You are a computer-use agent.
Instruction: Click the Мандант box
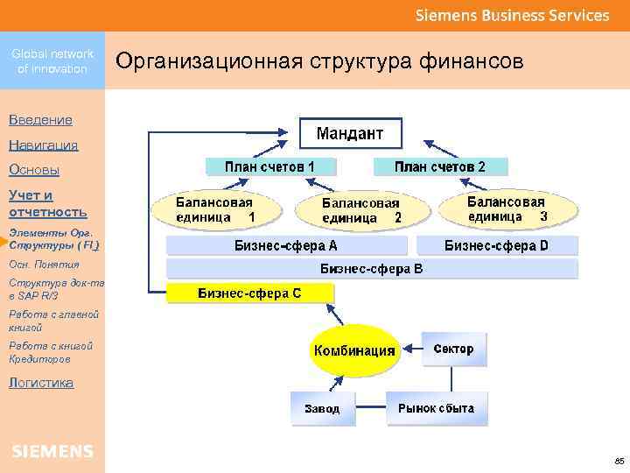(349, 134)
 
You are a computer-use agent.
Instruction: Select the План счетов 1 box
(269, 166)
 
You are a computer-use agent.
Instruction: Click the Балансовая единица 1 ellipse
(215, 208)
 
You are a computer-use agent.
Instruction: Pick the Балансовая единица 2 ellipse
(361, 209)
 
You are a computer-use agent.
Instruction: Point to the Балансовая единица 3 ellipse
(507, 208)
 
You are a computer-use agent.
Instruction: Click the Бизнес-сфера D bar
(496, 245)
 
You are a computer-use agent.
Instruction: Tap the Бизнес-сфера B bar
(371, 269)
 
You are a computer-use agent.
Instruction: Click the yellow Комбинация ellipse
(354, 350)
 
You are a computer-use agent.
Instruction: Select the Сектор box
(453, 349)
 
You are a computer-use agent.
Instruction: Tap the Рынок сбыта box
(436, 408)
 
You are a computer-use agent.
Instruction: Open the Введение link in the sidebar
(40, 119)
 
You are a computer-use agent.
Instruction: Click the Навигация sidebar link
(43, 145)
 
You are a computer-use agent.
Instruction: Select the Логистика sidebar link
(40, 383)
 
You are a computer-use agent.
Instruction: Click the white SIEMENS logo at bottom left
(52, 451)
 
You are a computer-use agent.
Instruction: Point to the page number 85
(619, 460)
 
